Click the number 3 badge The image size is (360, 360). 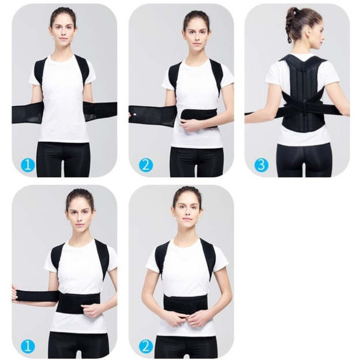click(261, 165)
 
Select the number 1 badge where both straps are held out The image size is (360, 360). click(28, 165)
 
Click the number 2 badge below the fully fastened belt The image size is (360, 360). click(146, 346)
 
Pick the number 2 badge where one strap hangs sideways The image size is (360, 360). click(146, 165)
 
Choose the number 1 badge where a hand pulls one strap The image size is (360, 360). click(28, 346)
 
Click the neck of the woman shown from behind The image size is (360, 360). click(304, 48)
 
